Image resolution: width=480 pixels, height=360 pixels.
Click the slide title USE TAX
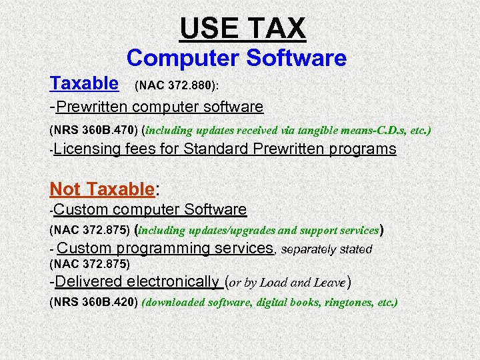[x=243, y=28]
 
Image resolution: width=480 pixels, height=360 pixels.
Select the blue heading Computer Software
[x=237, y=59]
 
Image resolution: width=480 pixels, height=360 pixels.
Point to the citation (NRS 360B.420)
[x=94, y=302]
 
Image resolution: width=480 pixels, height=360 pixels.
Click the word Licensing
[x=88, y=149]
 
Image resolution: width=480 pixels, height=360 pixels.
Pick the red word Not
[x=65, y=189]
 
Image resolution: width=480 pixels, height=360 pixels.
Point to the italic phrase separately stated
[x=327, y=249]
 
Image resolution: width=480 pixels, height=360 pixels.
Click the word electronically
[x=173, y=281]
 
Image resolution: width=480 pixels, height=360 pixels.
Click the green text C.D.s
[x=385, y=129]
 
